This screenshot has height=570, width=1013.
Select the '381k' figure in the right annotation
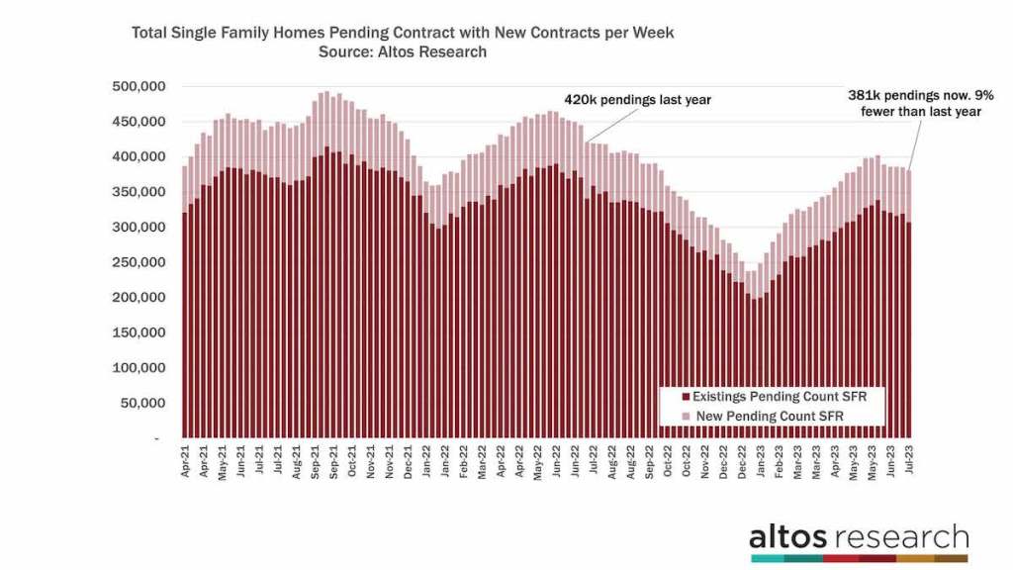864,96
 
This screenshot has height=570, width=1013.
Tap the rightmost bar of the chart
910,304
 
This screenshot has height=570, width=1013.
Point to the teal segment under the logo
769,559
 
